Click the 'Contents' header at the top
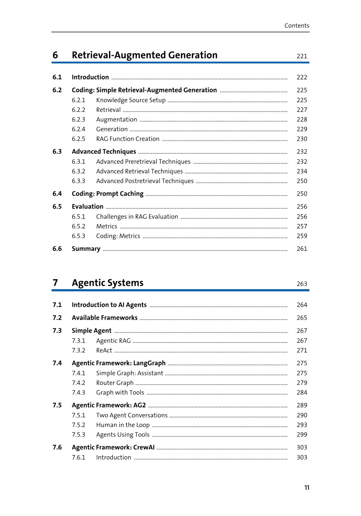297,26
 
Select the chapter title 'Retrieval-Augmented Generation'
144,55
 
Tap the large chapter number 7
55,283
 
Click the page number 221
302,56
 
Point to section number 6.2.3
78,120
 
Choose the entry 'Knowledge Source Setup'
131,100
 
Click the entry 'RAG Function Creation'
127,139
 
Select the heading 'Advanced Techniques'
104,152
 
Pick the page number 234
302,172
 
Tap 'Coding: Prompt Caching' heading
107,194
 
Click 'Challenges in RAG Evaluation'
137,217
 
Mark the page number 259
302,236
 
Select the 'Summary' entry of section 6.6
86,249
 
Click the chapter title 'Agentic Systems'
107,283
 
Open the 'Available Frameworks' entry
105,318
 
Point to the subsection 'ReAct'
104,350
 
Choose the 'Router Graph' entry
115,383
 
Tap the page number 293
302,425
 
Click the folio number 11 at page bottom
307,488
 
